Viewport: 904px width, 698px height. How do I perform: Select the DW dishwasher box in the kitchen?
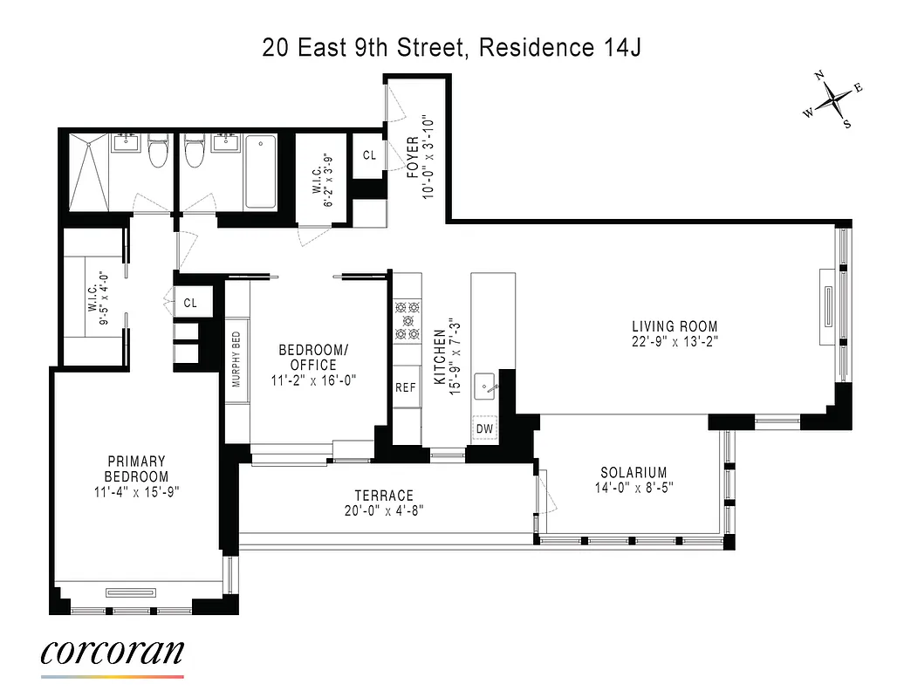[484, 428]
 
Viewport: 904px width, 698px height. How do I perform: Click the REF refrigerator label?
[405, 388]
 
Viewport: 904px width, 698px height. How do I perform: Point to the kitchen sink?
[485, 384]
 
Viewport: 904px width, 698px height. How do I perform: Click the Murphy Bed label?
[236, 359]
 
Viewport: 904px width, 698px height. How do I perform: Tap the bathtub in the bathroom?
[261, 171]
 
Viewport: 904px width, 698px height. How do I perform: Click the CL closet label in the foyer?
[368, 155]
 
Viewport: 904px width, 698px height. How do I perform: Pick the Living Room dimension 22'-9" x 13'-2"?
[675, 341]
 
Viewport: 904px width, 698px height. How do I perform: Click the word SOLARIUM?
[633, 472]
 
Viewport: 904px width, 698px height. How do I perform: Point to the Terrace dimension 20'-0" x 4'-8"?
[384, 511]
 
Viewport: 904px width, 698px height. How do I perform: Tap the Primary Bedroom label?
[136, 469]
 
